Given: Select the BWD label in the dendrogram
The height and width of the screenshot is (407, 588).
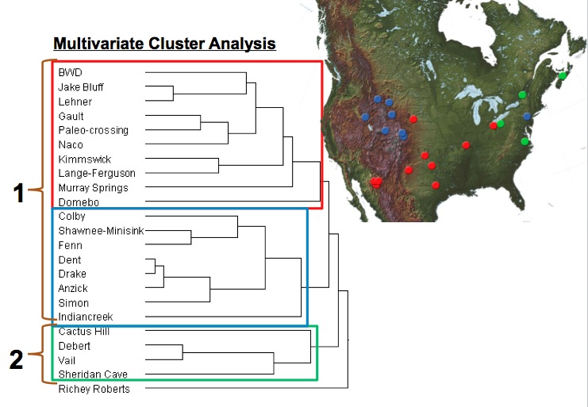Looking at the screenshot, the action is coord(70,72).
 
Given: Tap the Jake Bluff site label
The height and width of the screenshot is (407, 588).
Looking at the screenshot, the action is coord(81,87).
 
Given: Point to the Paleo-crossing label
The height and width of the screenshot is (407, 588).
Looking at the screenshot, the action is coord(94,130).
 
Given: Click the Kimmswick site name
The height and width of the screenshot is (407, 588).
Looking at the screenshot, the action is coord(85,159).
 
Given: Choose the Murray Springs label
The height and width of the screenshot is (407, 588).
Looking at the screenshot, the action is coord(94,188).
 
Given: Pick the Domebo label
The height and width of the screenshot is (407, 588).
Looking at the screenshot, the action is coord(79,202).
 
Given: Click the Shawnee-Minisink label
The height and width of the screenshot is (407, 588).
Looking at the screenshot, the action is coord(102,231).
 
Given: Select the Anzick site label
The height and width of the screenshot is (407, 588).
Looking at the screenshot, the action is coord(73,288).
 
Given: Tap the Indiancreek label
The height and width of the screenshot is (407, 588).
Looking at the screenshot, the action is coord(86,317).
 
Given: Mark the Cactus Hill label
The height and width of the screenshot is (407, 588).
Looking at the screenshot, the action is coord(84,332).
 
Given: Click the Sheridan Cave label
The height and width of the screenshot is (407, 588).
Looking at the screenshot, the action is coord(93,374).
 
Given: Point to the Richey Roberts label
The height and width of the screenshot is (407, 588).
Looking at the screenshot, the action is coord(94,389).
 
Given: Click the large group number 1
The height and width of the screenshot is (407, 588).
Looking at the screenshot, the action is coord(19,194).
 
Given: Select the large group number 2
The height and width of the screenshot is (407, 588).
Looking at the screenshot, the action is coord(16,359).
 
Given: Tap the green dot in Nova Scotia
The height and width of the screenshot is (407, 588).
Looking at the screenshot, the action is coord(563,75).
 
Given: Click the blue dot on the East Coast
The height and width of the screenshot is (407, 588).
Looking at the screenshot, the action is coord(527,117).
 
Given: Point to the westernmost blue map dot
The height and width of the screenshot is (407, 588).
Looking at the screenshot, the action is coord(365,117).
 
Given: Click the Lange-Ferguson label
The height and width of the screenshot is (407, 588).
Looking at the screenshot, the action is coord(97,173).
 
